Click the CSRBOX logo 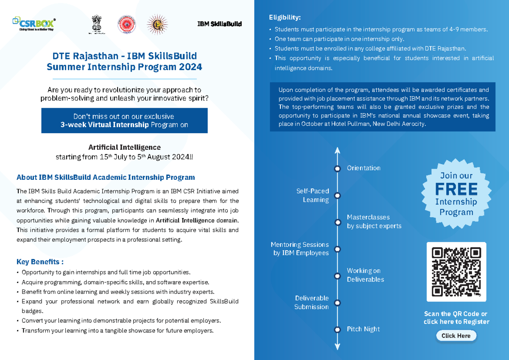[34, 24]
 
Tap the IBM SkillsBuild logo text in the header [219, 24]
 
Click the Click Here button [456, 336]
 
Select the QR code [456, 272]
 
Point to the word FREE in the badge [456, 189]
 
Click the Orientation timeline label [364, 168]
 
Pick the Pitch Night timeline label [363, 329]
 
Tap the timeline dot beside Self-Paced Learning [338, 195]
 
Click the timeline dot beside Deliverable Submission [338, 303]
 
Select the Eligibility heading [285, 17]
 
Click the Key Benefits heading [40, 262]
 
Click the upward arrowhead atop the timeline [338, 150]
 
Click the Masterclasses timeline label [368, 217]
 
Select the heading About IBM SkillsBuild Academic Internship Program [106, 177]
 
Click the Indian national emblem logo [97, 24]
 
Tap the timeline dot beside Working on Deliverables [338, 276]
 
